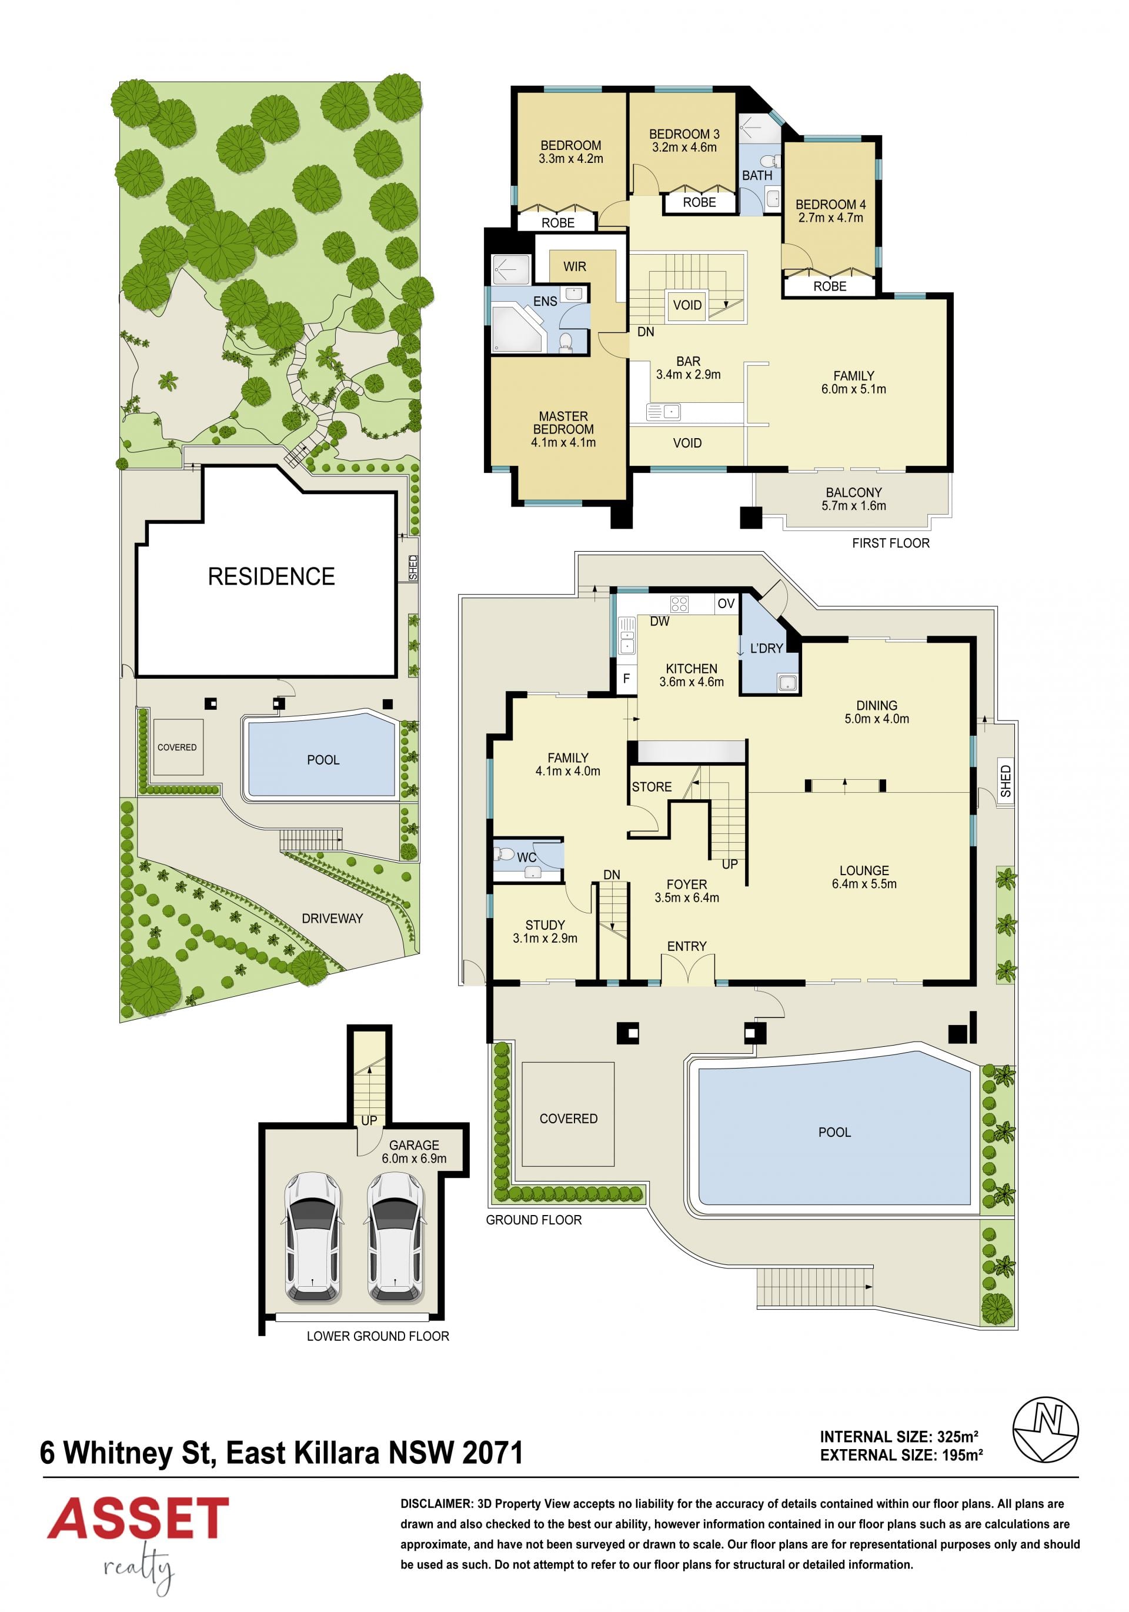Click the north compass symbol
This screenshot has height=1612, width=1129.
tap(1045, 1430)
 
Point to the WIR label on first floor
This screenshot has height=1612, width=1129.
tap(574, 267)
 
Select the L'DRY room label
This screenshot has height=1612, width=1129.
tap(766, 649)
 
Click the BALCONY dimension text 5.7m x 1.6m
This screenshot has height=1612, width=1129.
tap(854, 506)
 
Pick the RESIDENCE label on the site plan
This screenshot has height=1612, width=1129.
tap(271, 576)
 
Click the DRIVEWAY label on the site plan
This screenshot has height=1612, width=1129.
tap(332, 919)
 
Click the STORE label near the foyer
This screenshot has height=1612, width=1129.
tap(652, 787)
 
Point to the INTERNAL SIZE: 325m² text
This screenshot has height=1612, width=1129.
tap(898, 1437)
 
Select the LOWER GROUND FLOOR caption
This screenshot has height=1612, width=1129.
tap(378, 1336)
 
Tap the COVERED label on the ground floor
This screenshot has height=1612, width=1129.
tap(568, 1119)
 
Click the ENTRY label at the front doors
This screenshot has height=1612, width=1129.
tap(687, 946)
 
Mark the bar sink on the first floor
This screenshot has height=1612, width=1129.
tap(663, 412)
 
